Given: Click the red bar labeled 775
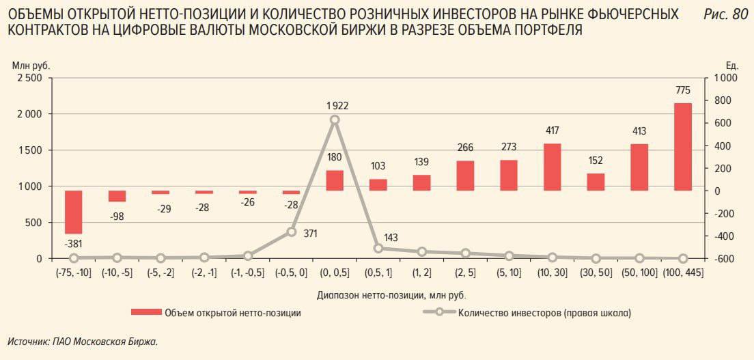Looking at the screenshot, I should (x=682, y=146).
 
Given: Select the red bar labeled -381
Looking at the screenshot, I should (x=74, y=212).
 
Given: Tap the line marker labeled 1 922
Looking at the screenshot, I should (x=335, y=120).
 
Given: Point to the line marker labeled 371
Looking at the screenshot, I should (x=291, y=232).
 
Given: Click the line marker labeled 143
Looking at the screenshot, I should (x=378, y=248).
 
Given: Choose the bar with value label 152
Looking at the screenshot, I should (x=596, y=182).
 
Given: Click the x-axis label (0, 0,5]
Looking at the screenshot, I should (x=335, y=273).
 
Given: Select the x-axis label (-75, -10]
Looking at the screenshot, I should (x=74, y=273).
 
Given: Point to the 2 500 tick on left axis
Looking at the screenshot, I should (x=29, y=78).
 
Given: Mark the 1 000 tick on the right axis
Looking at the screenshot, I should (x=726, y=78).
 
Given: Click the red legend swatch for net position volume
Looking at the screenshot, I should (x=146, y=313).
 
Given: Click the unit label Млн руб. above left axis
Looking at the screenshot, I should (x=31, y=65).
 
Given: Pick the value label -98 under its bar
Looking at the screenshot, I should (x=117, y=216).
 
